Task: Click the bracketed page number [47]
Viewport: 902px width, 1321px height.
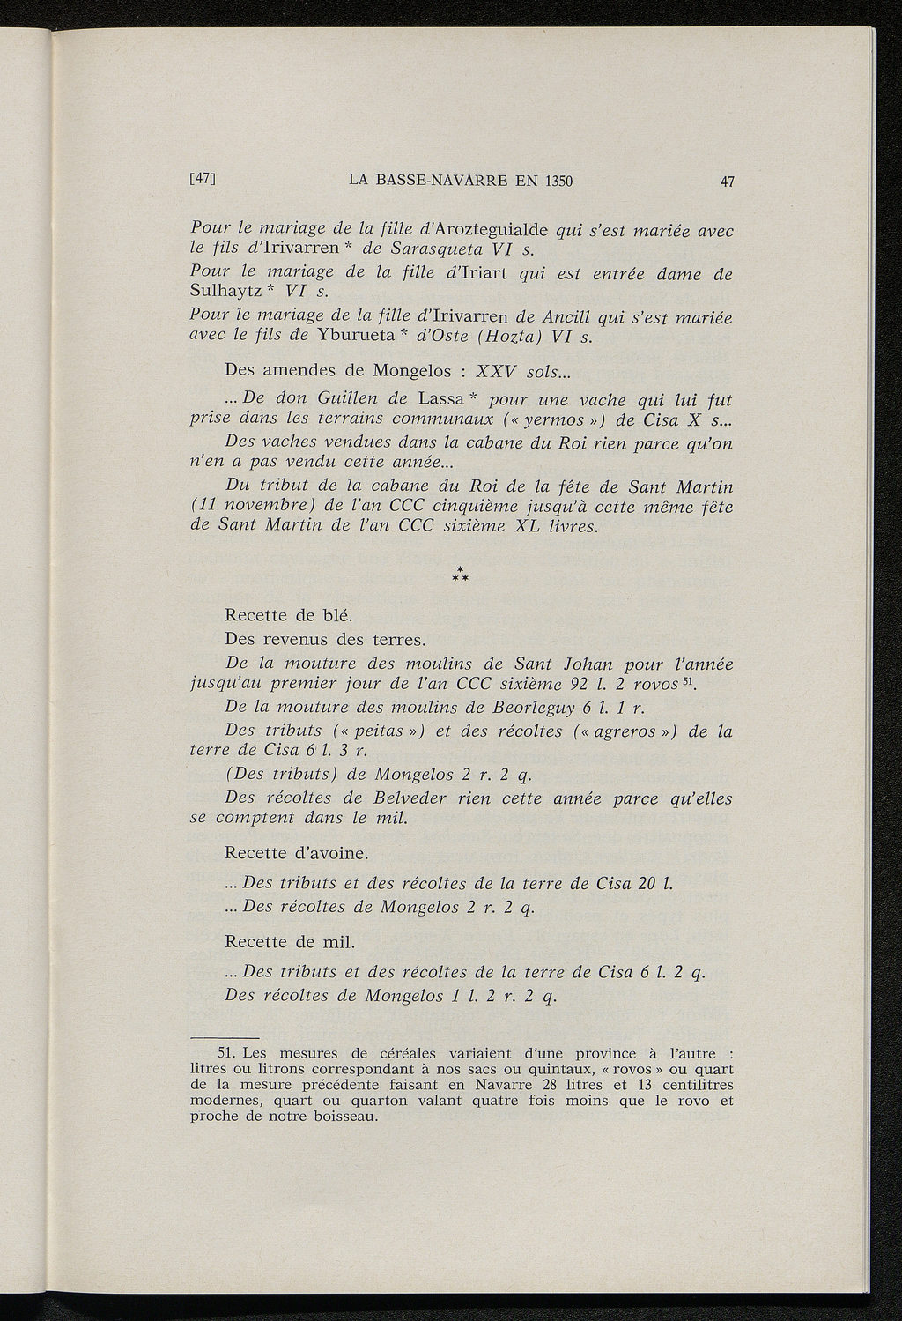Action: coord(203,181)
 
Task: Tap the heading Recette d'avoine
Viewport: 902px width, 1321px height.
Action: coord(297,853)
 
